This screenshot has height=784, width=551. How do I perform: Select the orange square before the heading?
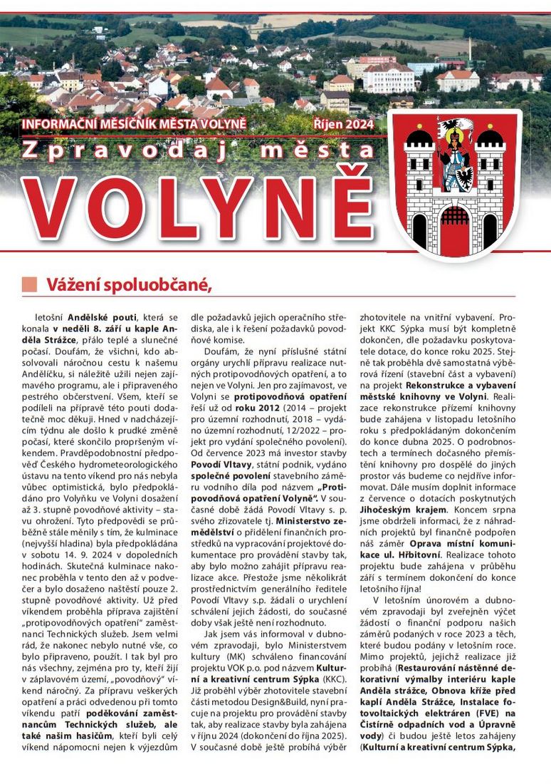pyautogui.click(x=29, y=284)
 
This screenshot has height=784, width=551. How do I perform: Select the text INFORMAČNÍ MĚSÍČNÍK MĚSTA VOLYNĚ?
pyautogui.click(x=134, y=123)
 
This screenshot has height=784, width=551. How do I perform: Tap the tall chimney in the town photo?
pyautogui.click(x=470, y=50)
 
